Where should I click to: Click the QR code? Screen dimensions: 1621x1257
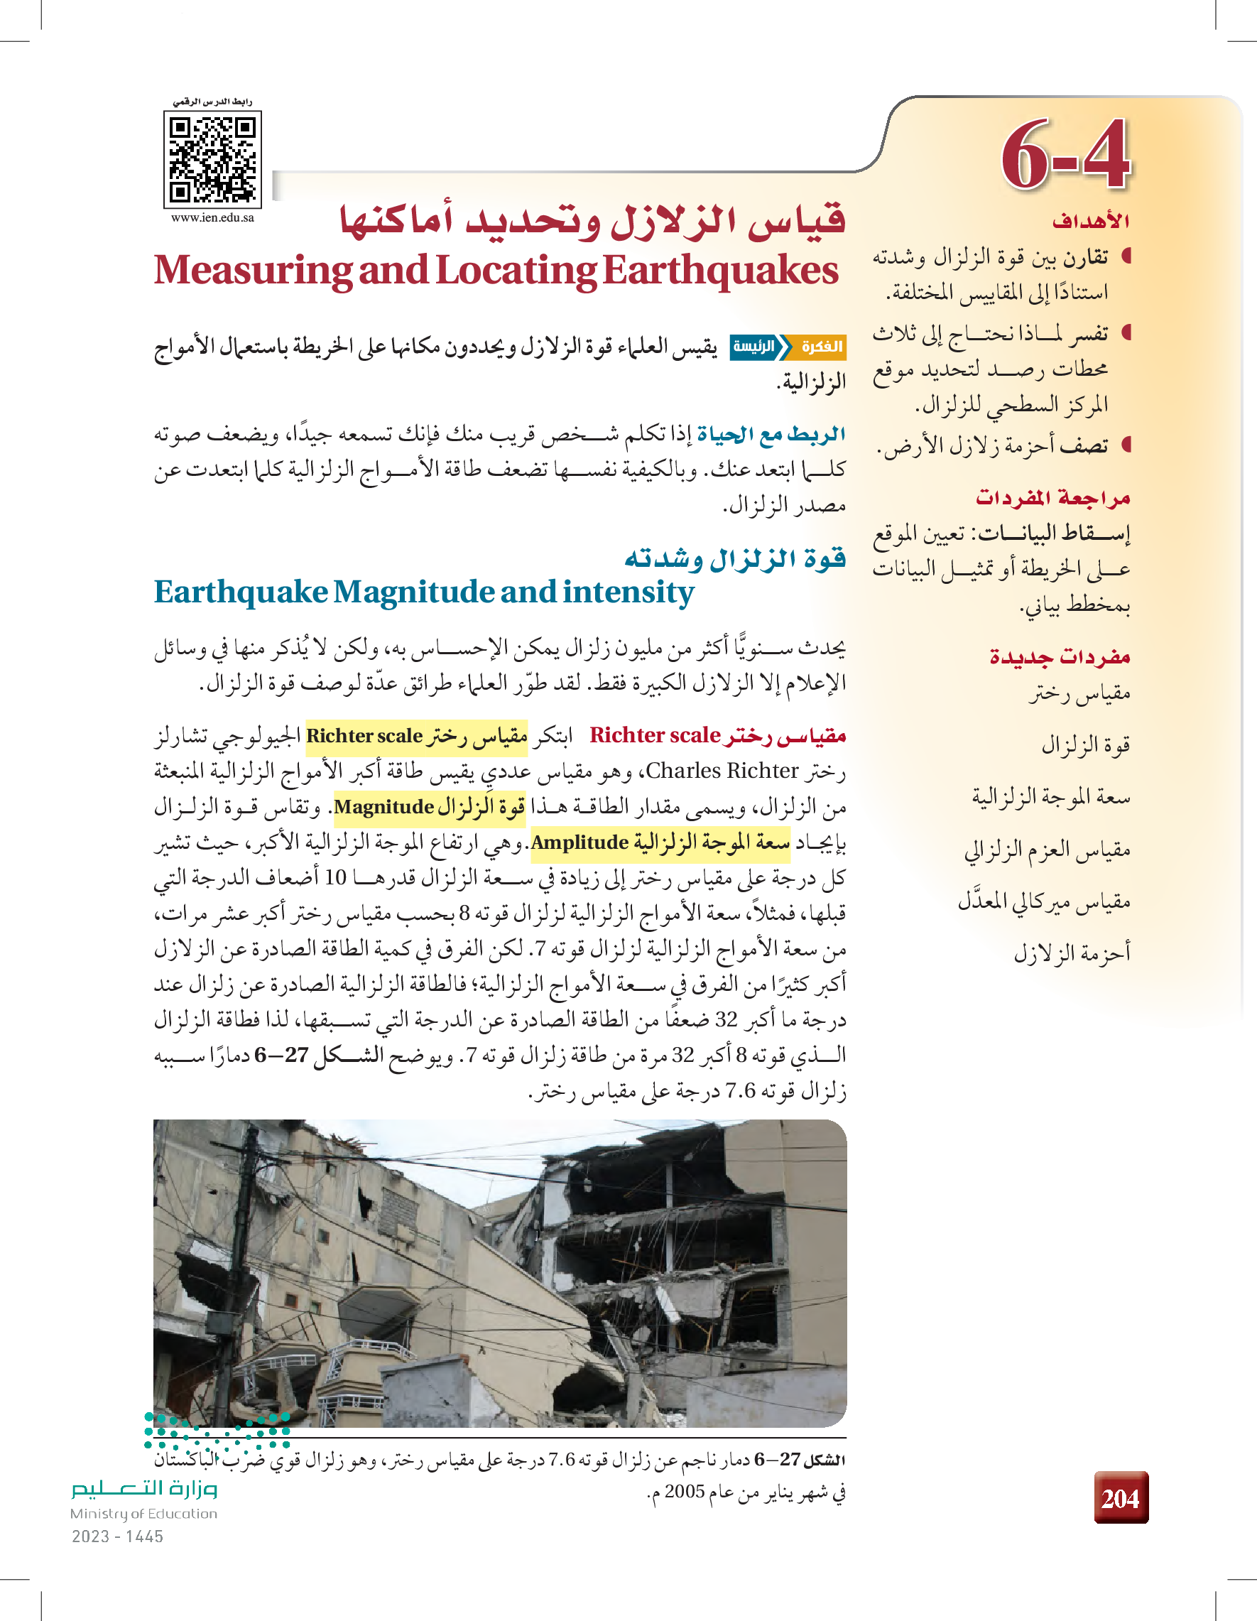[x=212, y=160]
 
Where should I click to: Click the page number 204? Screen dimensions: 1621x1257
[x=1121, y=1499]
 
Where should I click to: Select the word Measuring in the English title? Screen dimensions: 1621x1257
[x=253, y=271]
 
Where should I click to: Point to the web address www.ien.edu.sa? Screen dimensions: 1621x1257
[x=212, y=218]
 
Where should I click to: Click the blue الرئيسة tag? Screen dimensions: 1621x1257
[x=753, y=347]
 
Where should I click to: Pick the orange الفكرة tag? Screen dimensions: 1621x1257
[x=821, y=347]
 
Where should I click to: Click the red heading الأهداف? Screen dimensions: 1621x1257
[x=1090, y=221]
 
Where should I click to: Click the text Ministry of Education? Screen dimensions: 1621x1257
[x=143, y=1513]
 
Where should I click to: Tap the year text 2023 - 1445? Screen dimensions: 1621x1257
[x=117, y=1536]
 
